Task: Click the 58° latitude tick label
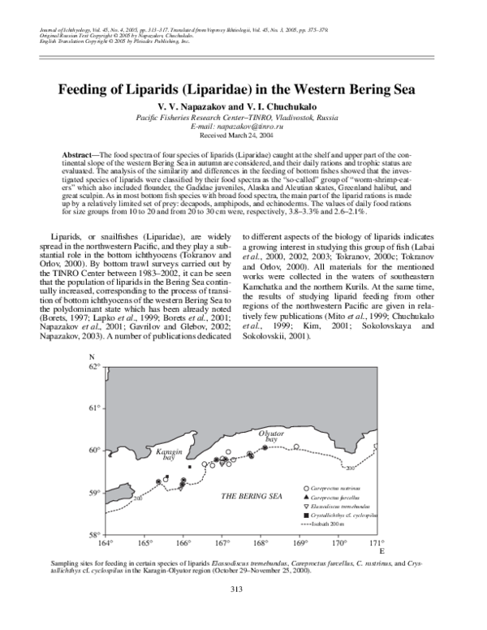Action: click(95, 533)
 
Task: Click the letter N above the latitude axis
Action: click(92, 357)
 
